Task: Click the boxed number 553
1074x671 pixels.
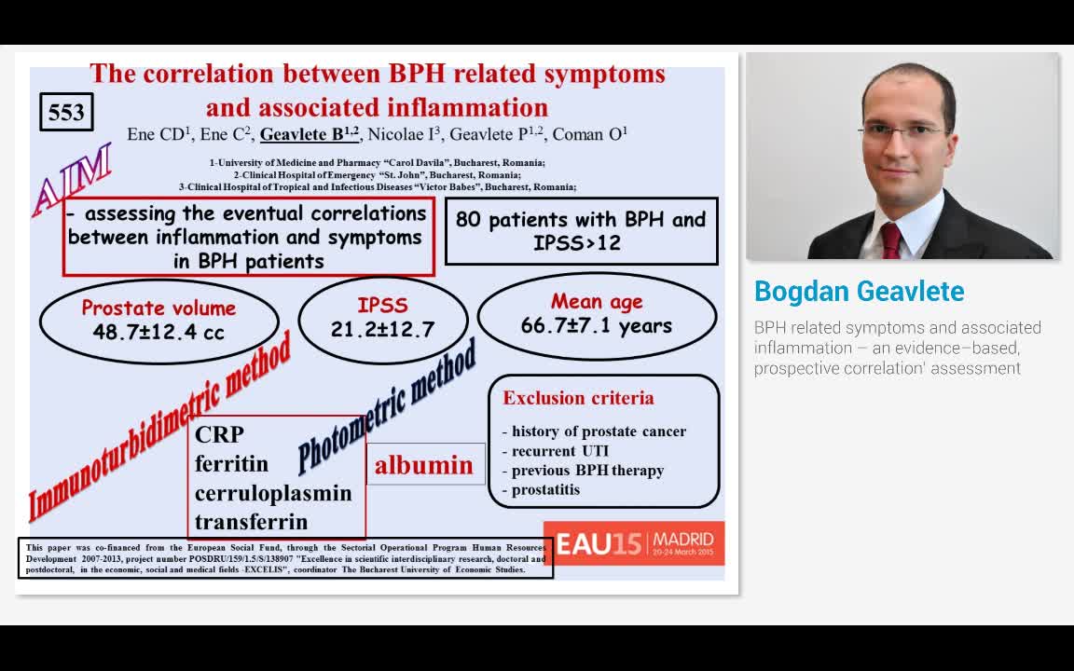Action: [66, 113]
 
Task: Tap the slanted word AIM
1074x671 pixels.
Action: [73, 180]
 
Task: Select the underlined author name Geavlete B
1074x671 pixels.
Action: [309, 134]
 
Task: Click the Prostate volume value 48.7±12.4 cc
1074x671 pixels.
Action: [158, 332]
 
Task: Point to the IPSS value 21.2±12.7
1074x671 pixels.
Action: [382, 329]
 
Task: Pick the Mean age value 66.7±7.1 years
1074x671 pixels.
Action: [597, 326]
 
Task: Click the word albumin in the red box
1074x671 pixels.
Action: [424, 465]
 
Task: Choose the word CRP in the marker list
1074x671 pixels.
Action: [219, 434]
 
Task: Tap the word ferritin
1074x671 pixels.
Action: [231, 463]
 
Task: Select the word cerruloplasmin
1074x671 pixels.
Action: [273, 493]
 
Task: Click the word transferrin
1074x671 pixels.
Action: [251, 522]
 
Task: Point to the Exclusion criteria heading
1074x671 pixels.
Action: [578, 398]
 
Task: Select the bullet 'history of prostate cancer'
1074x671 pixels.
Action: [599, 431]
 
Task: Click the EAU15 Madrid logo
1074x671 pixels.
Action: [634, 543]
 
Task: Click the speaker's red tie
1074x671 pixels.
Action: [891, 240]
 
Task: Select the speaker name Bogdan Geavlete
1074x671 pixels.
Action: [859, 292]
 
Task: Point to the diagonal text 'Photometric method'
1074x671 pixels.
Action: [387, 406]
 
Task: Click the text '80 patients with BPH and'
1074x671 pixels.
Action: [581, 220]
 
